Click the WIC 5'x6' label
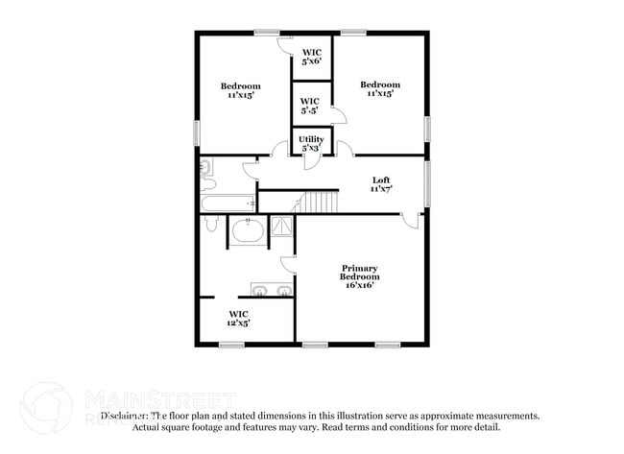[312, 56]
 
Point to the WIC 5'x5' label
[310, 105]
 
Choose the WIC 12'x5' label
[238, 319]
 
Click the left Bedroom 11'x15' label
[241, 92]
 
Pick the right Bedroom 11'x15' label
[378, 89]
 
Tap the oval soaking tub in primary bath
[248, 233]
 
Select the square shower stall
[283, 227]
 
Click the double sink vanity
[272, 290]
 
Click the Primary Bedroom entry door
[412, 220]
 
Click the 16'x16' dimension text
[360, 284]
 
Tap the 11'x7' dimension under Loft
[382, 190]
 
